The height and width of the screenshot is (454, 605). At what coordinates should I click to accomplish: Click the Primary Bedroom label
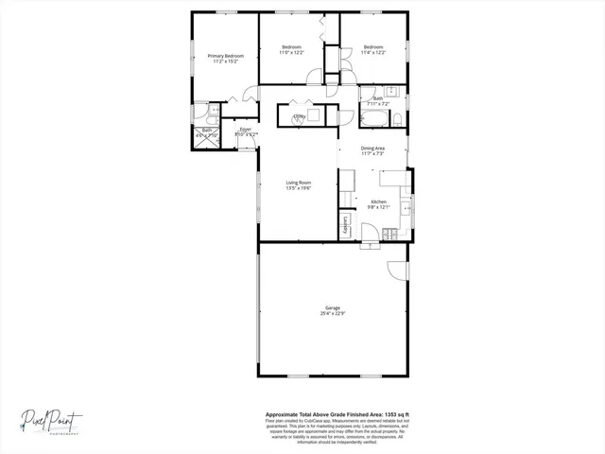tap(226, 56)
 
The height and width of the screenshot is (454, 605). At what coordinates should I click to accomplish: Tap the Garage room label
tap(333, 308)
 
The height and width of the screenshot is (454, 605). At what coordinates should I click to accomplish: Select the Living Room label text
tap(299, 183)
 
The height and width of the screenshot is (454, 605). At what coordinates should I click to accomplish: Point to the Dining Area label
tap(372, 148)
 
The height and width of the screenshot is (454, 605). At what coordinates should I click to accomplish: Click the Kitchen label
tap(378, 202)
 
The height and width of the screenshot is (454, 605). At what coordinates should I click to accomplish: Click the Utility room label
tap(299, 117)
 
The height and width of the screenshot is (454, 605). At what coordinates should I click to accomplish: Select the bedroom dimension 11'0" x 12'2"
tap(291, 53)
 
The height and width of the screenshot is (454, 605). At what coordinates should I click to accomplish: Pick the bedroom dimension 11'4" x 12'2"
tap(372, 53)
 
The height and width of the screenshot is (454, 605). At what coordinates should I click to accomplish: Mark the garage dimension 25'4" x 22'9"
tap(333, 314)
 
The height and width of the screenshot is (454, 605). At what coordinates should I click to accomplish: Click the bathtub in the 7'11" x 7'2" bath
tap(372, 119)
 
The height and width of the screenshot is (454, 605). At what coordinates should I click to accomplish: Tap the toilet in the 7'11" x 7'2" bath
tap(398, 118)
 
